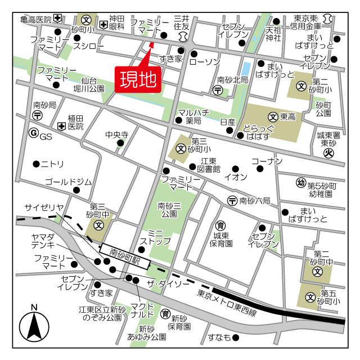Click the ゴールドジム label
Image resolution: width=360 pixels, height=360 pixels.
[68, 182]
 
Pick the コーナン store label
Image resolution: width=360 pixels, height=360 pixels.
[266, 161]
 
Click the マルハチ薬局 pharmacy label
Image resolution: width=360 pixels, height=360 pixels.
[193, 116]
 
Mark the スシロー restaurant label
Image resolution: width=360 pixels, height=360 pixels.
[89, 46]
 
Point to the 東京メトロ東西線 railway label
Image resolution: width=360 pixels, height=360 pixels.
[227, 304]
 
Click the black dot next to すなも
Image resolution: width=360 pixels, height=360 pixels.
[236, 337]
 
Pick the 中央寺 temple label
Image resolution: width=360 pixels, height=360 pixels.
[117, 135]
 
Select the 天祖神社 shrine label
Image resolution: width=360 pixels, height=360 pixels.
[273, 34]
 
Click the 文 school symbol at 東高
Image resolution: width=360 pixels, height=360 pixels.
[273, 117]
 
